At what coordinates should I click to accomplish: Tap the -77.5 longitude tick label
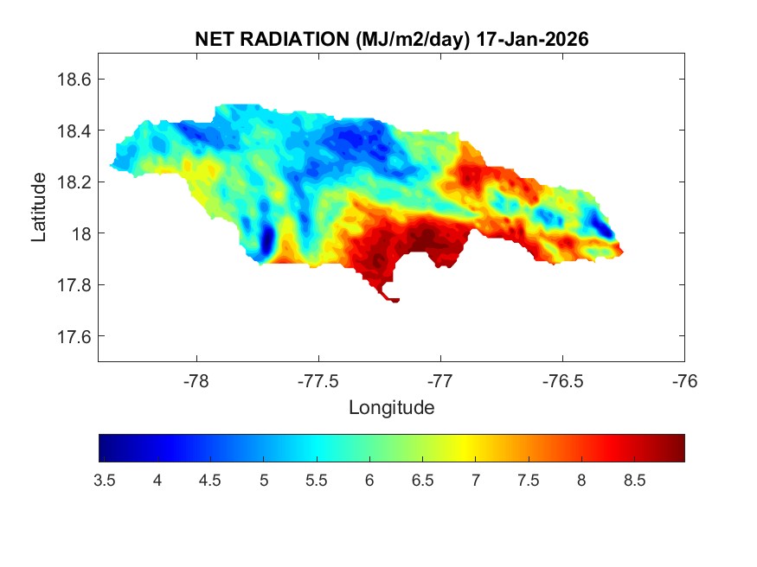[318, 381]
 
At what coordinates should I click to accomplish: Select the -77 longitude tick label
[440, 381]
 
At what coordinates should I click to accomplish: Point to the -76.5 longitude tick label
[562, 381]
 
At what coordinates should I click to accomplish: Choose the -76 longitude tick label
[684, 381]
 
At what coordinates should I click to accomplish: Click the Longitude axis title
[391, 407]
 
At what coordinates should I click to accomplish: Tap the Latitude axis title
[39, 207]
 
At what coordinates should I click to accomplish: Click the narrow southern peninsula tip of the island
[394, 300]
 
